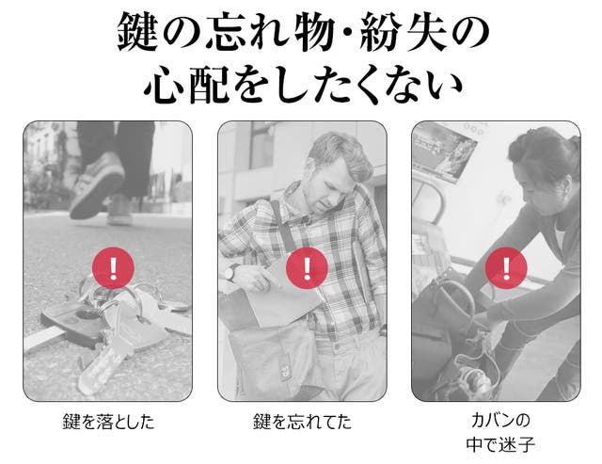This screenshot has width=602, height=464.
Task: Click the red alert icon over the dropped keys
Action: click(113, 267)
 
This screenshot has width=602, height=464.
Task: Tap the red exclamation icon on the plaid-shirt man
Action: click(307, 267)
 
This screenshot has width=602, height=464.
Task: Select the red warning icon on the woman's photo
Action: click(506, 267)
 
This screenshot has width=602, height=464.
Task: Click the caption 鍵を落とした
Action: click(108, 422)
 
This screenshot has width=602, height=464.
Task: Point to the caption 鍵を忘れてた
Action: click(302, 422)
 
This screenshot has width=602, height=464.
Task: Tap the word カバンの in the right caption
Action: click(500, 420)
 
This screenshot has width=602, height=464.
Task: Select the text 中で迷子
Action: click(500, 444)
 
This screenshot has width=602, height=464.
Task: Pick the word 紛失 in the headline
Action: click(404, 32)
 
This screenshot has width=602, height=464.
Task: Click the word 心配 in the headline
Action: click(187, 85)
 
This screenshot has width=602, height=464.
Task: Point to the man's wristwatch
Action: click(230, 272)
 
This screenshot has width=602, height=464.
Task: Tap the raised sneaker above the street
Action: click(97, 184)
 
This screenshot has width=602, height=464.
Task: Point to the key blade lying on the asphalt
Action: click(101, 369)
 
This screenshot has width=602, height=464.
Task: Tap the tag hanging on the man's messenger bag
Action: click(284, 369)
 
